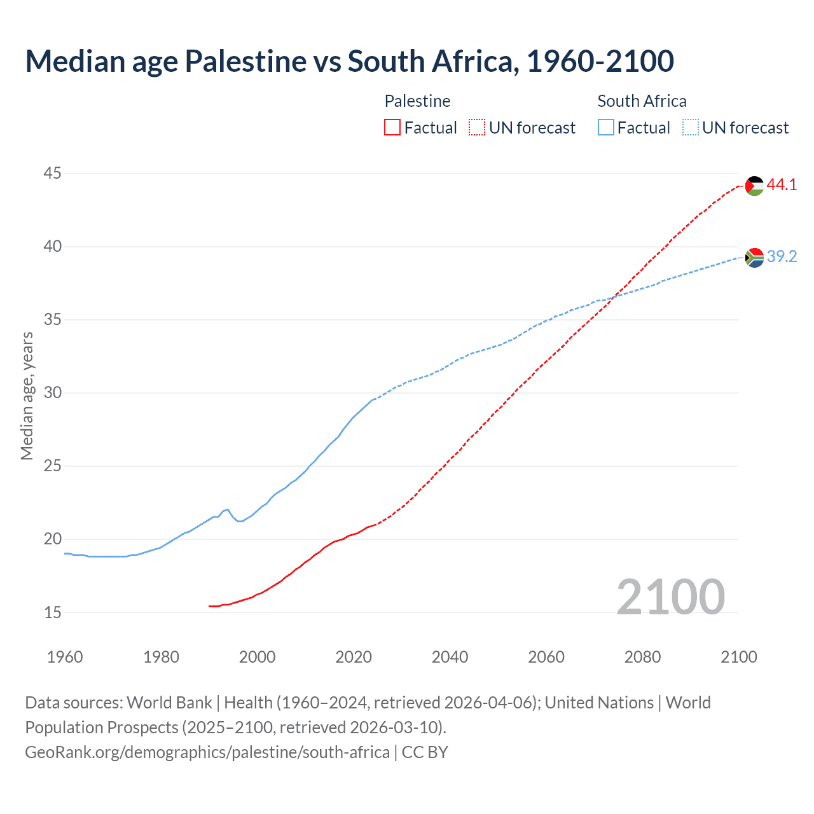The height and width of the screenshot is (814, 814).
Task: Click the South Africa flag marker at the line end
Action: [x=754, y=258]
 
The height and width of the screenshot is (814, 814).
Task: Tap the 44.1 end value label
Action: [x=782, y=185]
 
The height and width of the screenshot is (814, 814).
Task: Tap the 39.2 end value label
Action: [x=782, y=256]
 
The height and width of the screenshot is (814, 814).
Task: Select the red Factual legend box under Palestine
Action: [x=392, y=128]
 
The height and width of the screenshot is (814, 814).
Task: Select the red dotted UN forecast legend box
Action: [x=477, y=128]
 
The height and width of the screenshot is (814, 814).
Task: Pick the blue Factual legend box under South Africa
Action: [x=605, y=128]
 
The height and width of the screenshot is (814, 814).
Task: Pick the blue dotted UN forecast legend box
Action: [x=690, y=128]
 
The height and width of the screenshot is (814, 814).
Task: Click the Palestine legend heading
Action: [x=417, y=101]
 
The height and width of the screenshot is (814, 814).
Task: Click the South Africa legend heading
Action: [x=642, y=101]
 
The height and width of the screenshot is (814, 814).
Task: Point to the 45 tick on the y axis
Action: [x=53, y=173]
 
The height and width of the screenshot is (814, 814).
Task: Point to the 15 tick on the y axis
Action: [x=53, y=612]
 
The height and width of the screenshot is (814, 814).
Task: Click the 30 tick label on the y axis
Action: [x=53, y=393]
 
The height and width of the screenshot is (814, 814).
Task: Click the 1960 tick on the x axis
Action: [x=65, y=657]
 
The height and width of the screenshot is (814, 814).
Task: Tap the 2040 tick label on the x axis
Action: [x=450, y=657]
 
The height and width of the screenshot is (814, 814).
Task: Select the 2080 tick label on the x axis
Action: [x=642, y=657]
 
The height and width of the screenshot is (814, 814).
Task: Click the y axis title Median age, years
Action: [x=27, y=396]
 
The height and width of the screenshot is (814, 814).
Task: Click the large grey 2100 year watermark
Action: [x=670, y=597]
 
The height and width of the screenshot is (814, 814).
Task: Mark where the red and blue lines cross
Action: [x=613, y=297]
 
